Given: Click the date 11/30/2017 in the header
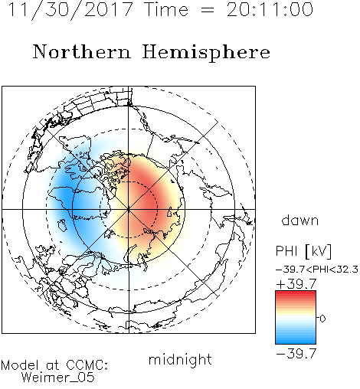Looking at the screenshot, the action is [70, 10].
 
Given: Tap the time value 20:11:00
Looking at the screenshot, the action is [270, 10].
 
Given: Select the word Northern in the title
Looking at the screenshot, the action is [82, 52].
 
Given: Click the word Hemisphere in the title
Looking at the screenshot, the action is [206, 53].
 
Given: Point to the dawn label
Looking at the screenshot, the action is [300, 220].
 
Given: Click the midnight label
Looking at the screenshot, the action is [180, 360].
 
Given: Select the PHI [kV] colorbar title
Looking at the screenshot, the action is [303, 251].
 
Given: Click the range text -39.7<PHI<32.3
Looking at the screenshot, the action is [317, 270].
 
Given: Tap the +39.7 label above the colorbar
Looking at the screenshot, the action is [296, 284].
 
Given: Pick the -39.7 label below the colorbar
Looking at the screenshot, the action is [296, 354].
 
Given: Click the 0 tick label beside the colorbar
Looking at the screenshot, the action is [322, 319].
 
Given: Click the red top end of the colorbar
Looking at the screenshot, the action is [296, 293].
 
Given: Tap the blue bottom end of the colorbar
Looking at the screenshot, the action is [296, 342].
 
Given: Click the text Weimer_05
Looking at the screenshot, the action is [58, 378].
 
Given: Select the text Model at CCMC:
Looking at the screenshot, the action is [54, 365].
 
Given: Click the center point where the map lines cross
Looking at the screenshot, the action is [129, 209].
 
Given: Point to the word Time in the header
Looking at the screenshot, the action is [166, 10].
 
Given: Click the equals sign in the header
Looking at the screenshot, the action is [207, 10].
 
